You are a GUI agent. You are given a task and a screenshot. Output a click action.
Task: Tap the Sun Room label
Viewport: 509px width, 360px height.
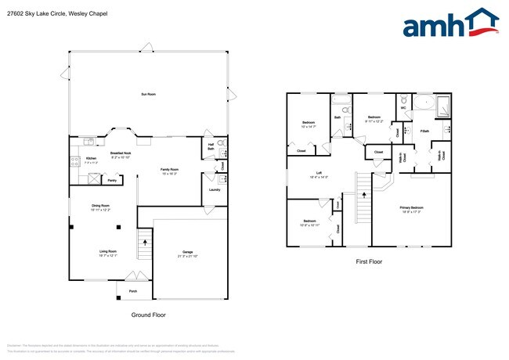point(148,94)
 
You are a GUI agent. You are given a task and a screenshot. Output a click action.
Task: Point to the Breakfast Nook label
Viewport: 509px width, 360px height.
point(121,155)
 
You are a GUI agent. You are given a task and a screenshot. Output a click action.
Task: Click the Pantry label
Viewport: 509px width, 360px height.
point(112,180)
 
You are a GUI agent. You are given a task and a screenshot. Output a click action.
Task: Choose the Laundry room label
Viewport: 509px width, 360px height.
point(214,189)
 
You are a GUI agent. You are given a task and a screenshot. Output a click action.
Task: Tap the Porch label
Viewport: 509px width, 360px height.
point(132,289)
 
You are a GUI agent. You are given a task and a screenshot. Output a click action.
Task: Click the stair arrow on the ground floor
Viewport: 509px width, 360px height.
point(144,244)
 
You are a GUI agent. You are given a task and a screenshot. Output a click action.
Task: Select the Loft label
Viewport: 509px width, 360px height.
point(319,175)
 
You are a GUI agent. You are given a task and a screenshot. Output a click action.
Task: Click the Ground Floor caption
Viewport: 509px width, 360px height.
point(148,315)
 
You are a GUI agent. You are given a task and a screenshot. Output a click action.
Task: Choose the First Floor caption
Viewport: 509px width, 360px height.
point(367,261)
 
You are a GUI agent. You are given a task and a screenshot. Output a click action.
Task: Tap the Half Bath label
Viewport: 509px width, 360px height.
point(211,146)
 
